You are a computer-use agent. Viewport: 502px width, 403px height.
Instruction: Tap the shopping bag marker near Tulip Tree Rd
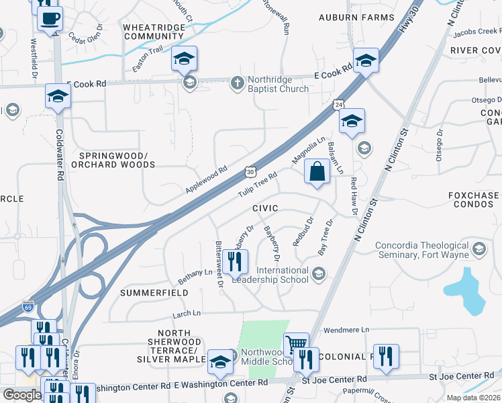tap(317, 172)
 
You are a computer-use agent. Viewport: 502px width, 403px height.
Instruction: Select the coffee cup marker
tap(49, 19)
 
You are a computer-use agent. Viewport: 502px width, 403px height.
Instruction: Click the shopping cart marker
tap(296, 345)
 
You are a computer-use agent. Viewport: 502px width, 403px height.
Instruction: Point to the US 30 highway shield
tap(250, 172)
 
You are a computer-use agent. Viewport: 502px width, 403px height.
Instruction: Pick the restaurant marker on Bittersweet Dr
tap(235, 261)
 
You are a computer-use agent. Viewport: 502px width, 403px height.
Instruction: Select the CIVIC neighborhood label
tap(265, 209)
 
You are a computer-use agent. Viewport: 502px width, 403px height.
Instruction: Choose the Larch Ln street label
tap(187, 313)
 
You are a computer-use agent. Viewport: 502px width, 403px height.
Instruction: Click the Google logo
tap(22, 395)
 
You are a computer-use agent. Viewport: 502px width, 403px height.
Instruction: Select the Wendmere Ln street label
tap(346, 330)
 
